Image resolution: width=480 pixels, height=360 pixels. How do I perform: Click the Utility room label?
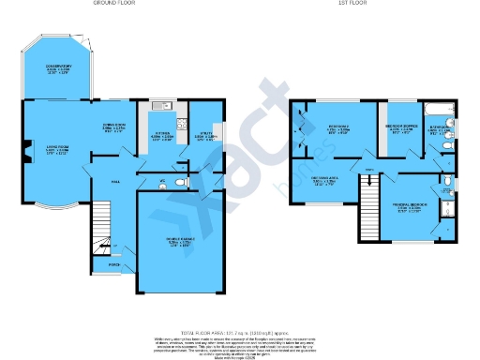(x=203, y=136)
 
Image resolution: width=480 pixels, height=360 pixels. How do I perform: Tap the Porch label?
(x=113, y=265)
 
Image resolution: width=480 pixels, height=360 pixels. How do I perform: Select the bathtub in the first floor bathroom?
(x=439, y=112)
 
